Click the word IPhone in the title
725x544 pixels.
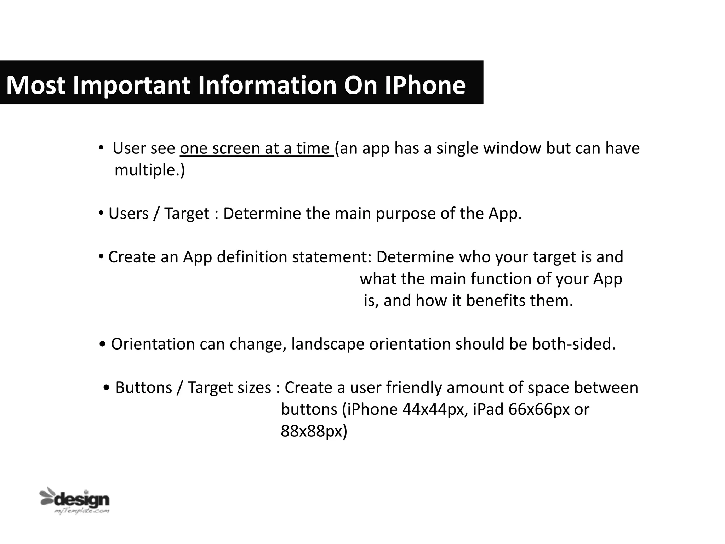coord(425,85)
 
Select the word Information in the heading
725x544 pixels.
coord(267,85)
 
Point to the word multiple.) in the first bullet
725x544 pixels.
coord(149,170)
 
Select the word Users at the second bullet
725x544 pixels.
coord(129,214)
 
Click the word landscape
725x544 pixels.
coord(328,345)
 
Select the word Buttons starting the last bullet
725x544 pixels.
coord(144,388)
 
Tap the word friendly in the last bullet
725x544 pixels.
coord(413,388)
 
